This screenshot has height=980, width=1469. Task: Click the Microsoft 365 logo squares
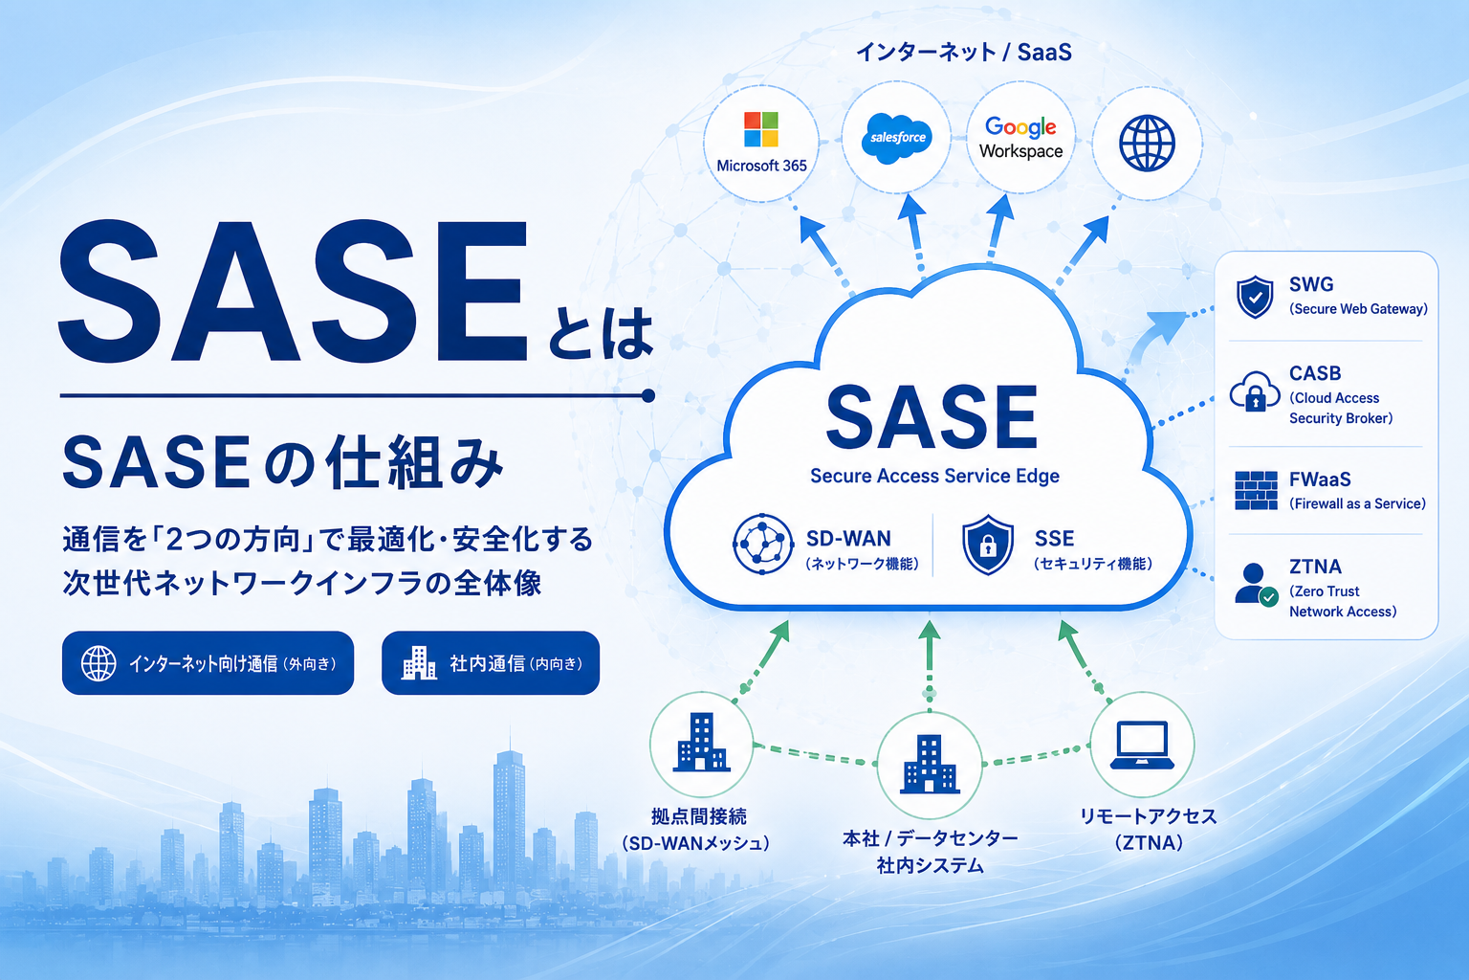tap(760, 128)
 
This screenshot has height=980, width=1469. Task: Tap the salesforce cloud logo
tap(896, 138)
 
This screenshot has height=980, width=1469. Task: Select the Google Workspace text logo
tap(1021, 138)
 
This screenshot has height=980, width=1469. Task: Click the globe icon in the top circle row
tap(1147, 144)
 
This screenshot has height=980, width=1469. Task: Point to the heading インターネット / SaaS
tap(964, 52)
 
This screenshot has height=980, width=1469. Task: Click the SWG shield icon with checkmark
tap(1255, 297)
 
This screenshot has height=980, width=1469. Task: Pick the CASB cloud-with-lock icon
tap(1255, 391)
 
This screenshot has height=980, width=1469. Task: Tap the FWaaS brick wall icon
tap(1256, 490)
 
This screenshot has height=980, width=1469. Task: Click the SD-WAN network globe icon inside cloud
tap(762, 545)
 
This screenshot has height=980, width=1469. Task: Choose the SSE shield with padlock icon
tap(988, 545)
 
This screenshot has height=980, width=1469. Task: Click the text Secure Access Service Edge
tap(934, 476)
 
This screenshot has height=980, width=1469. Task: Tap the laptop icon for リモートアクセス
tap(1142, 745)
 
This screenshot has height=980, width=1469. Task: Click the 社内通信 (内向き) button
tap(491, 663)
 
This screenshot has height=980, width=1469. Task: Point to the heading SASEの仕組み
tap(282, 463)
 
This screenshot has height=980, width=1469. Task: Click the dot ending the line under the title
tap(647, 395)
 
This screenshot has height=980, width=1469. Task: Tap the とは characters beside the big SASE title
tap(600, 335)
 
